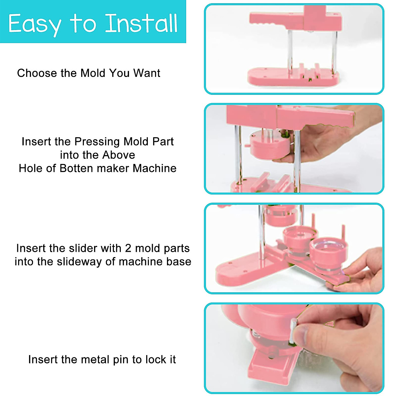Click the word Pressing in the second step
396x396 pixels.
[x=97, y=142]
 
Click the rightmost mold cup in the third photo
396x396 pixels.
[x=325, y=252]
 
